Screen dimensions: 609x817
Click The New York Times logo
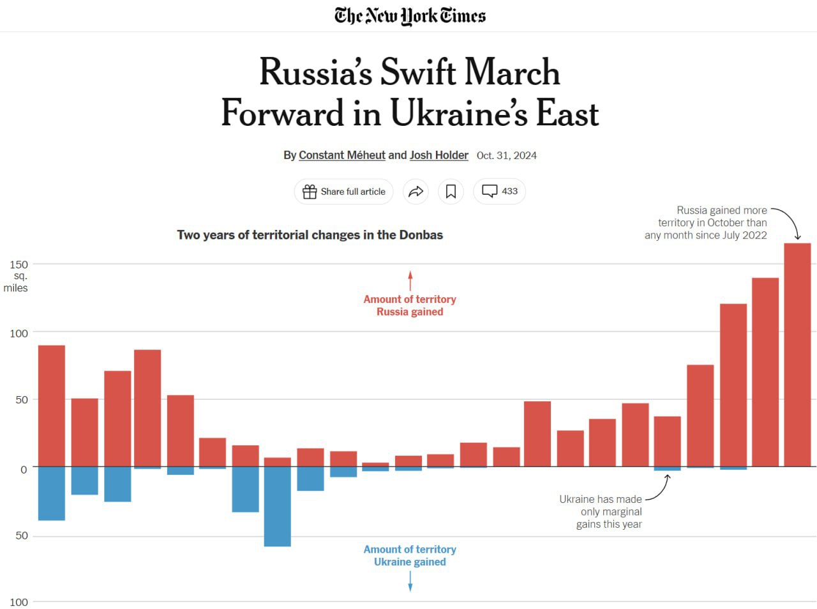pos(410,16)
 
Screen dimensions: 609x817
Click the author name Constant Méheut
pos(342,155)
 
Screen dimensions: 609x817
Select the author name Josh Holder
pos(438,155)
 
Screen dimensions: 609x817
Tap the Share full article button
pos(344,192)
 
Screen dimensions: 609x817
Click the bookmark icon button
pos(451,192)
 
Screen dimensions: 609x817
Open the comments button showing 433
pos(499,191)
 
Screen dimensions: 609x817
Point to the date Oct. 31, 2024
pos(507,155)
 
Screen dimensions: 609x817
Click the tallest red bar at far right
pos(797,355)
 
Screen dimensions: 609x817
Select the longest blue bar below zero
pos(278,506)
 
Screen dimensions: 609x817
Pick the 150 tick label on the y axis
pos(19,265)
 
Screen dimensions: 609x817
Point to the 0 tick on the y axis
pos(24,470)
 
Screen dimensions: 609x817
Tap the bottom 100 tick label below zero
pos(19,602)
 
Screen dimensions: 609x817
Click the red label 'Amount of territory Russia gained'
pos(410,305)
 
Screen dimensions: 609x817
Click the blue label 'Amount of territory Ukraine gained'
pos(410,555)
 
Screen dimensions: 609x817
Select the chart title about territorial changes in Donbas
pos(310,235)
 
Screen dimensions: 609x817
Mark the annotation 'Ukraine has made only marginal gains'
pos(601,512)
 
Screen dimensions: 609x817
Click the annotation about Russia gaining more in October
pos(707,222)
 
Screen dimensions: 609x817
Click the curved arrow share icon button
pos(416,192)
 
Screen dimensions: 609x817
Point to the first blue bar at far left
pos(52,493)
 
